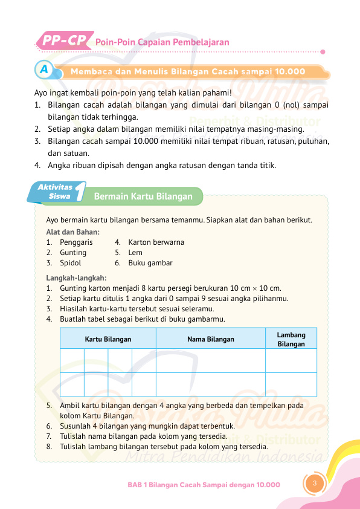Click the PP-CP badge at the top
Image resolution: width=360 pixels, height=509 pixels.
63,41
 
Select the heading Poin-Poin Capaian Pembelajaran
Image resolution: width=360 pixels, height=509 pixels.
162,42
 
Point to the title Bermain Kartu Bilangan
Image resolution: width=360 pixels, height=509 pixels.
143,196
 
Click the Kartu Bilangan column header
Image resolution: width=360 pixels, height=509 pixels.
108,339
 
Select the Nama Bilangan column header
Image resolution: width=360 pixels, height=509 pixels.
211,339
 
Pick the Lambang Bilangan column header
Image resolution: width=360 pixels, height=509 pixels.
291,339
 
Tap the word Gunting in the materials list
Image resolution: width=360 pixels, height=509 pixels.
73,252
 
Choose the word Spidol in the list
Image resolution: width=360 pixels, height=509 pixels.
71,263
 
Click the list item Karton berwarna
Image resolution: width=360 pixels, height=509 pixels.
156,242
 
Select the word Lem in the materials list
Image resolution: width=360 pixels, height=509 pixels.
135,252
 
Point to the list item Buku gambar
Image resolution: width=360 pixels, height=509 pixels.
150,263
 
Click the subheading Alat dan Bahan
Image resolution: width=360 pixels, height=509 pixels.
73,232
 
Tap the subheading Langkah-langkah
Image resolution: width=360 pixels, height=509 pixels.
76,277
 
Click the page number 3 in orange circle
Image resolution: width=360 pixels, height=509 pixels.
314,483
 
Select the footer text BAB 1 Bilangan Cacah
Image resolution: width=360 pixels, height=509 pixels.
204,485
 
